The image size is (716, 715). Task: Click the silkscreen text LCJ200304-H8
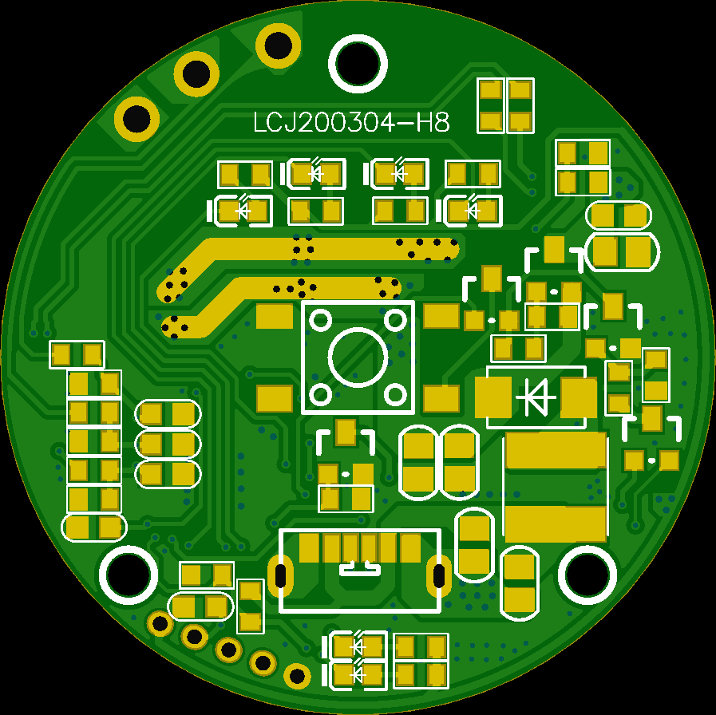351,123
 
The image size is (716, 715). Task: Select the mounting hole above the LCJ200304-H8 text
358,64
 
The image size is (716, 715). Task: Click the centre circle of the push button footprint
358,357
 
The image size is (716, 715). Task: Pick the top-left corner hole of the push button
321,320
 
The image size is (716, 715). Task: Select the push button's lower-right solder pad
441,398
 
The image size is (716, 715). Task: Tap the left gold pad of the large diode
493,397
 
